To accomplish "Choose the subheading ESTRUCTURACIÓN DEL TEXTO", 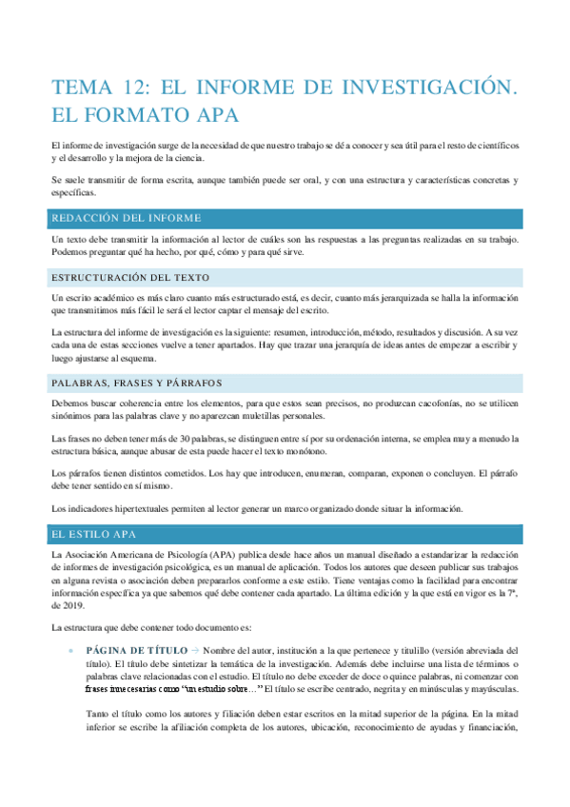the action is pos(125,277).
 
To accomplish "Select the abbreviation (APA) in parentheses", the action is pos(233,554).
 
